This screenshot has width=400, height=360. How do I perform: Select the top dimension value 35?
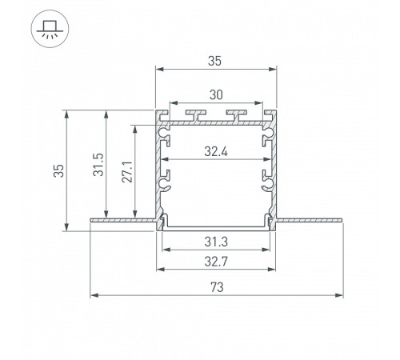tap(215, 60)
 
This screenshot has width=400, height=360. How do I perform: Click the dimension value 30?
tap(215, 94)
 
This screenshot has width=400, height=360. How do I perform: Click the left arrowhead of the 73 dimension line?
tap(94, 295)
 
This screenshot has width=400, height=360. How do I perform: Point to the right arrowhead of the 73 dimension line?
tap(339, 295)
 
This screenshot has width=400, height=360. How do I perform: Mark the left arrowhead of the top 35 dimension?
tap(158, 70)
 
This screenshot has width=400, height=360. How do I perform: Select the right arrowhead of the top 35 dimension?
tap(274, 70)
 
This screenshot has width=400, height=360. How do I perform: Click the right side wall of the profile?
tap(274, 168)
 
